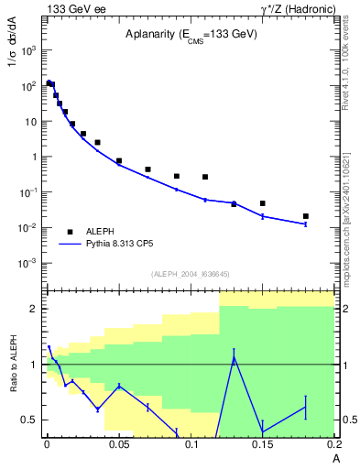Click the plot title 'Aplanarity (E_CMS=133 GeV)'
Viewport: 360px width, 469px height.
click(191, 34)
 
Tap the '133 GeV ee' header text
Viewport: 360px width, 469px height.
click(72, 8)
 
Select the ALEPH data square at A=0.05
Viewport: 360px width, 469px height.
click(119, 161)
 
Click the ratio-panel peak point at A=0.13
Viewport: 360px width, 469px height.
click(234, 358)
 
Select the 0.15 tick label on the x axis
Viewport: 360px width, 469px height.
click(262, 445)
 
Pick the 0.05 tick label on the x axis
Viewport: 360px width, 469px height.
click(118, 445)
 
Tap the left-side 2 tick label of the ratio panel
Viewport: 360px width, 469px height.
click(34, 309)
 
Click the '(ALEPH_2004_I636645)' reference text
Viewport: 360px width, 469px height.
click(189, 274)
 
